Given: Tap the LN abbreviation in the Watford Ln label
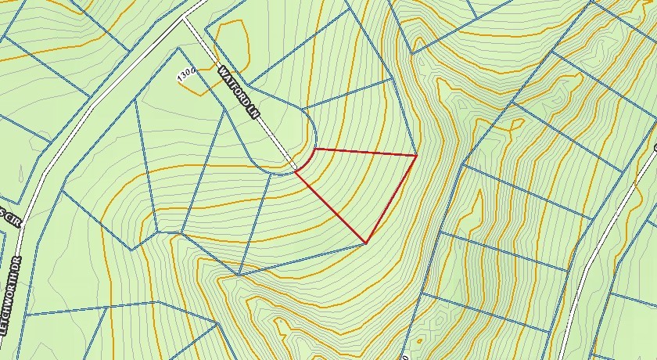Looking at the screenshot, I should pos(252,113).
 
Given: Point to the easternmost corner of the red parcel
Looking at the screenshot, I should pos(415,156).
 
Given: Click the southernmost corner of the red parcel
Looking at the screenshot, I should pos(366,242).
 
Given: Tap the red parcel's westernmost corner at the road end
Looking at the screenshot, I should pos(295,172).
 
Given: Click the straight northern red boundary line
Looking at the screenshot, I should pos(364,152).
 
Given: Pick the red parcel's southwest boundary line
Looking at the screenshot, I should pos(330,207).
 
